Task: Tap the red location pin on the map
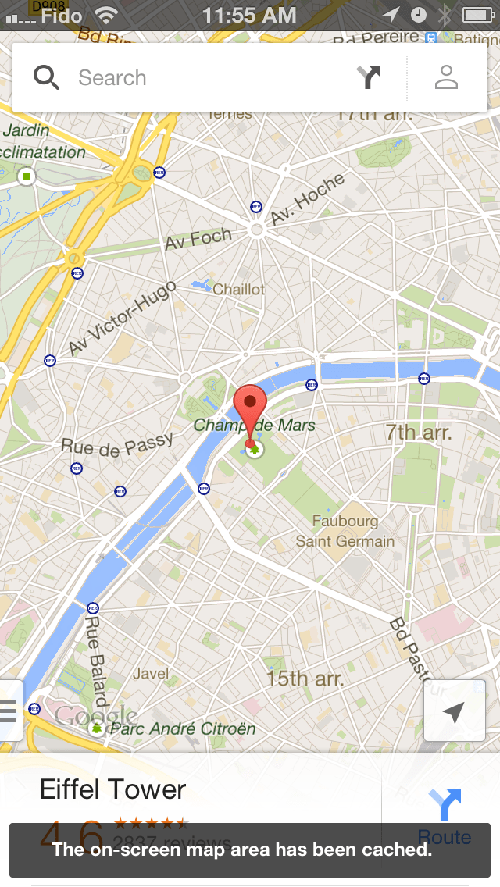pyautogui.click(x=250, y=406)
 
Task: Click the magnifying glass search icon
pyautogui.click(x=47, y=77)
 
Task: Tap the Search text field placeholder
pyautogui.click(x=112, y=78)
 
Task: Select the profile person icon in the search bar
pyautogui.click(x=446, y=77)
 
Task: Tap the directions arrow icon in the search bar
pyautogui.click(x=368, y=77)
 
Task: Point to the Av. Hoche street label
pyautogui.click(x=308, y=200)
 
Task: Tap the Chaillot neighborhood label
pyautogui.click(x=239, y=289)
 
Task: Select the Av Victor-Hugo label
pyautogui.click(x=123, y=320)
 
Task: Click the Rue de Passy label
pyautogui.click(x=117, y=444)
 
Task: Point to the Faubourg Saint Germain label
pyautogui.click(x=345, y=531)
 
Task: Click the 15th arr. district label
pyautogui.click(x=305, y=678)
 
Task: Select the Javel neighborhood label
pyautogui.click(x=151, y=673)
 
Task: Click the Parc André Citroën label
pyautogui.click(x=183, y=728)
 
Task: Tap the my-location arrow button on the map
pyautogui.click(x=454, y=712)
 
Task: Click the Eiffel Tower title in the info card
pyautogui.click(x=113, y=789)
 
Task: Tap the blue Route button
pyautogui.click(x=444, y=816)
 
